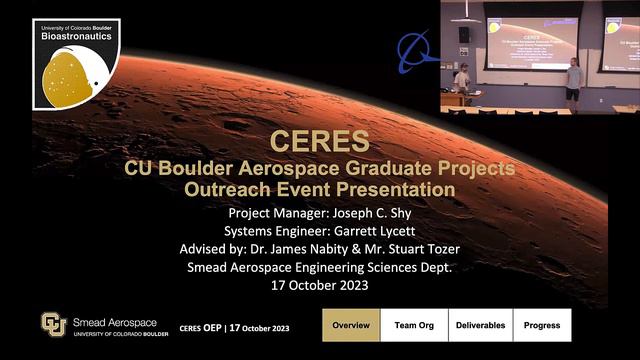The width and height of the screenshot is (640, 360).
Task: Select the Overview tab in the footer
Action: [351, 325]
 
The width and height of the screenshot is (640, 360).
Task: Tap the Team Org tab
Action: [414, 325]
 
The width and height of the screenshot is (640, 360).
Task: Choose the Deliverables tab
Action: [479, 325]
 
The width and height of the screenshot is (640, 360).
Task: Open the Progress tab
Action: [542, 325]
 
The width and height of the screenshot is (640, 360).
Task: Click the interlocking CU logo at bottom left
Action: [52, 325]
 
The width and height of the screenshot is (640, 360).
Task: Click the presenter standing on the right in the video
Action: [573, 79]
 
